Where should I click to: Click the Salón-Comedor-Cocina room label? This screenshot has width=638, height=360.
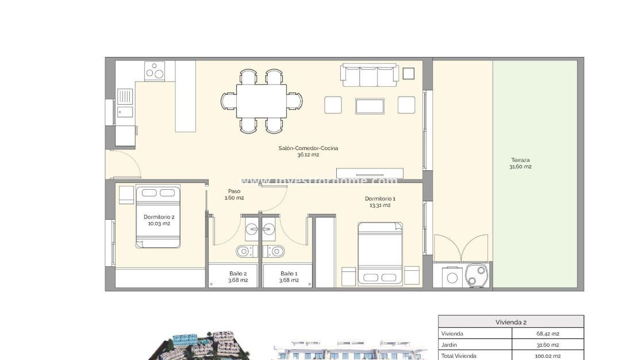click(x=308, y=148)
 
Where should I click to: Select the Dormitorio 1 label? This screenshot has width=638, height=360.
click(x=380, y=199)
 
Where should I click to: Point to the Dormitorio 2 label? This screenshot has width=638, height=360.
click(x=159, y=217)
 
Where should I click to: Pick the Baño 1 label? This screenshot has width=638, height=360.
click(x=289, y=274)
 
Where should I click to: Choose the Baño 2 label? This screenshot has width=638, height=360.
click(x=237, y=274)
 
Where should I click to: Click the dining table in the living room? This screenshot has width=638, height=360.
click(x=262, y=101)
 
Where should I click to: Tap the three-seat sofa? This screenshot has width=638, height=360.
click(x=370, y=75)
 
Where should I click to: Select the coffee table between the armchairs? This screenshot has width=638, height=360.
click(x=370, y=106)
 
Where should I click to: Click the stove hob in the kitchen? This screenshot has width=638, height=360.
click(x=154, y=71)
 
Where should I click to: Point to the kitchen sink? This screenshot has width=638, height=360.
click(x=125, y=95)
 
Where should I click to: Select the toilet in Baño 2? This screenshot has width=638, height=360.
click(x=244, y=251)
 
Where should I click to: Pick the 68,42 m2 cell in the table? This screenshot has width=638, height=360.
click(x=547, y=334)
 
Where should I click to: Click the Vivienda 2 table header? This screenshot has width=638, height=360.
click(x=511, y=322)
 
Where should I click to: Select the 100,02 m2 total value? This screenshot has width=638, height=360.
click(x=547, y=356)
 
